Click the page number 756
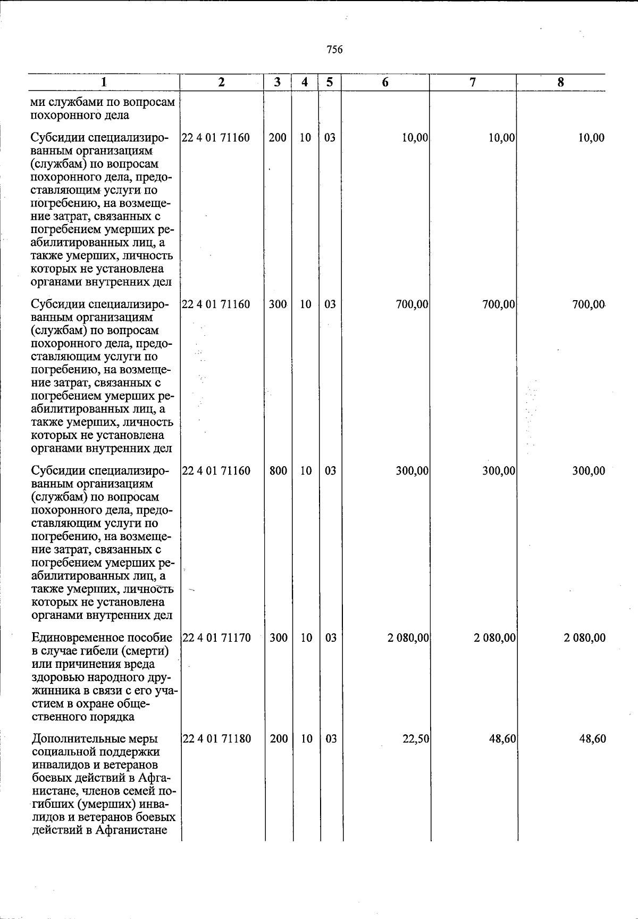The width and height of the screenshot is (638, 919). (334, 50)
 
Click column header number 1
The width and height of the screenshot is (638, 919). (105, 82)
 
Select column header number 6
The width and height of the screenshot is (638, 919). (385, 82)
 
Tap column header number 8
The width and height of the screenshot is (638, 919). (560, 82)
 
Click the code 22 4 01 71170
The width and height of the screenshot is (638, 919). (216, 637)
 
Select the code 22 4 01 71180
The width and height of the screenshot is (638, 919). (216, 739)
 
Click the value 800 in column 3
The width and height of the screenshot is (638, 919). (278, 471)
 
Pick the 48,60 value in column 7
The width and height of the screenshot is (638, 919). (503, 739)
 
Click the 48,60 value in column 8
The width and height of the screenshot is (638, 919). (592, 739)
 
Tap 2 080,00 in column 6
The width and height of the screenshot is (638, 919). (408, 637)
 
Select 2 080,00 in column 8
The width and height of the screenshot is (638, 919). (584, 637)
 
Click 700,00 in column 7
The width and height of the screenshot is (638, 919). (499, 304)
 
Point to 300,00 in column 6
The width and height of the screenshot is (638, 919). (413, 471)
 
